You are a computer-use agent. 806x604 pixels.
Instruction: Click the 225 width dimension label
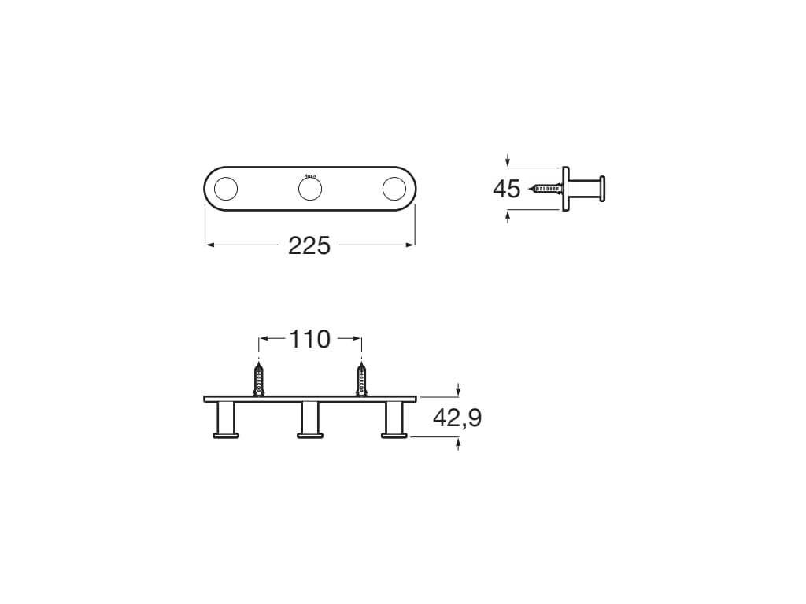point(309,245)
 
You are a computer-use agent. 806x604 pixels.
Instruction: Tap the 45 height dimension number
point(506,190)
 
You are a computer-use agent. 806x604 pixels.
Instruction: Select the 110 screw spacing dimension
point(309,340)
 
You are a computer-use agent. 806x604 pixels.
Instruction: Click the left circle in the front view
point(226,190)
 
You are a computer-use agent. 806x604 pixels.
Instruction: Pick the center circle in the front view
point(309,190)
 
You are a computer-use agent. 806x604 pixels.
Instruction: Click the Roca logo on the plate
point(309,175)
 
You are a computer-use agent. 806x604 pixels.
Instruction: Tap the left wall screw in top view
point(259,379)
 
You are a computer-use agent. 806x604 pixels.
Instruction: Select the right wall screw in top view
point(361,379)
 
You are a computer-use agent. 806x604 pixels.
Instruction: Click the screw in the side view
point(547,189)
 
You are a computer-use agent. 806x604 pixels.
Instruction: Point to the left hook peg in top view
point(226,418)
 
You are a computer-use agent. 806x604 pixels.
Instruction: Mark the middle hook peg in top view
point(309,418)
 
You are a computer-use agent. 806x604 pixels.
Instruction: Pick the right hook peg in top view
point(394,418)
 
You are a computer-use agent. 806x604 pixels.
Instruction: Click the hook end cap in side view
point(602,189)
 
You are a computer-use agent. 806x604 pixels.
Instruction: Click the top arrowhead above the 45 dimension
point(508,163)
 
